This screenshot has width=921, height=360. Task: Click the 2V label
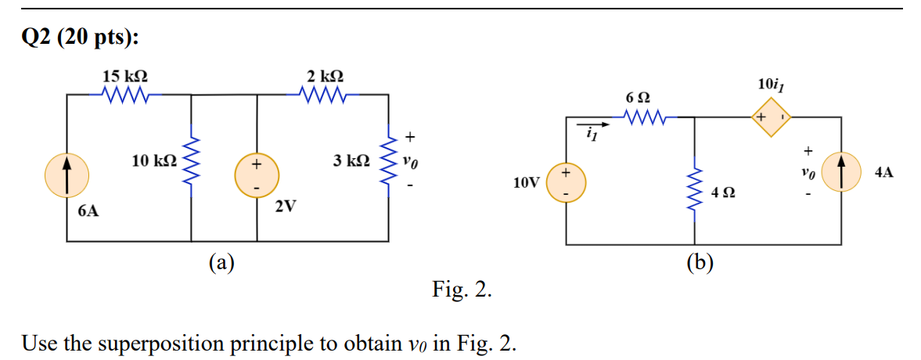(286, 207)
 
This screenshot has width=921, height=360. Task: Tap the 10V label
(526, 183)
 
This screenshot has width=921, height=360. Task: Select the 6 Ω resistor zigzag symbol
(646, 118)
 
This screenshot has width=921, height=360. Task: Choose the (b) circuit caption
(700, 262)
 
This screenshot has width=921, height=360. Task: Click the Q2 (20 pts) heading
(74, 38)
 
